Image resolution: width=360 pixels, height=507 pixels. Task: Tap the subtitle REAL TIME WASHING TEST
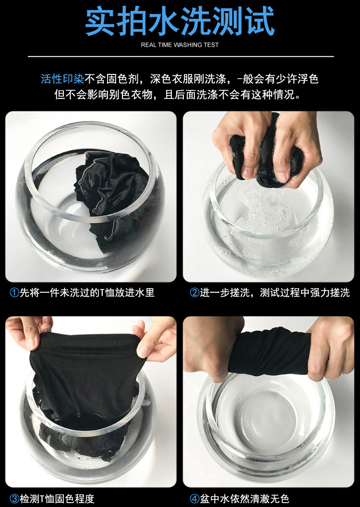click(x=180, y=45)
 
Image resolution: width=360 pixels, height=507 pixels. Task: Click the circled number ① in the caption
click(x=14, y=292)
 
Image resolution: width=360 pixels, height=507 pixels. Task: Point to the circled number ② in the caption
click(x=194, y=292)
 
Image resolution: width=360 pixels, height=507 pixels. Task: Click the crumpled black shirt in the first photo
click(x=110, y=187)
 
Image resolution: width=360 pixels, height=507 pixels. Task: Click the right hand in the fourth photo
click(x=331, y=346)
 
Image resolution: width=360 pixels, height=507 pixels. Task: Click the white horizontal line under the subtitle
click(x=180, y=57)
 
